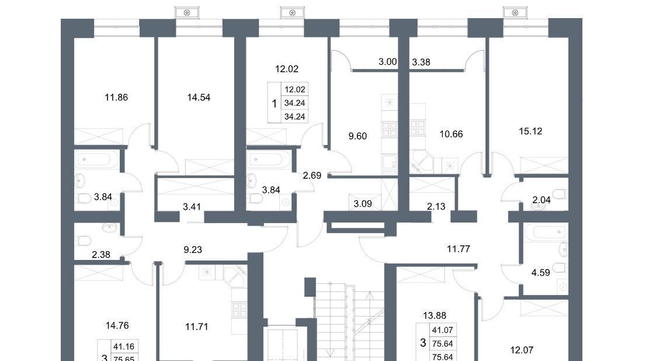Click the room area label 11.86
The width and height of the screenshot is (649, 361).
click(116, 98)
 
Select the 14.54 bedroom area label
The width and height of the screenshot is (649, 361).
click(199, 98)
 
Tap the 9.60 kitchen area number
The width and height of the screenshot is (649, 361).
click(358, 136)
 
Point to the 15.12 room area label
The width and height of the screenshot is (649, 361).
click(530, 131)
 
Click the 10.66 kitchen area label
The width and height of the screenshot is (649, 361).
click(451, 134)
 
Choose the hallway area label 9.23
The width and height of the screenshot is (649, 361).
click(193, 249)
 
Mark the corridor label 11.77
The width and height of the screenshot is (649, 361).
click(459, 249)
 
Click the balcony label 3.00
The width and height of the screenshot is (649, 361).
click(388, 62)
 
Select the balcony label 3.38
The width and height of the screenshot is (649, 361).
click(421, 62)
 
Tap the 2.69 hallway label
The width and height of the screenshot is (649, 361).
click(312, 175)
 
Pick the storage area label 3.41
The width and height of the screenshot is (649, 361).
click(192, 207)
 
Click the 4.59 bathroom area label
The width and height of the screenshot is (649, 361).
click(540, 273)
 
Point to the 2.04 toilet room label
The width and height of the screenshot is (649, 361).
click(542, 200)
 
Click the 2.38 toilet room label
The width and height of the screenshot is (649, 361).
click(101, 255)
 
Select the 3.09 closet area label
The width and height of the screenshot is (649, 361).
click(363, 204)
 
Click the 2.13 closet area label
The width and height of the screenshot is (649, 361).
click(436, 207)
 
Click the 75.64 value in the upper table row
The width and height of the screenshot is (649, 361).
click(442, 343)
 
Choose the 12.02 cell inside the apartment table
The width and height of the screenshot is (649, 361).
click(294, 89)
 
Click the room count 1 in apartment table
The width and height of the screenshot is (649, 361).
click(274, 103)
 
